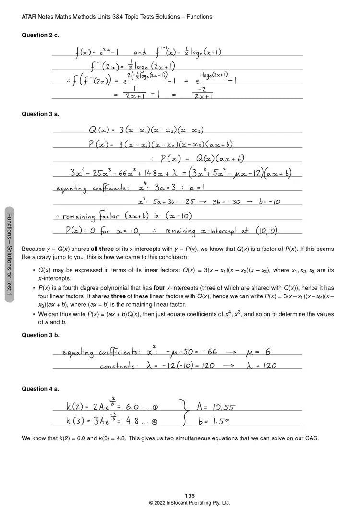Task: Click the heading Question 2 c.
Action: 40,35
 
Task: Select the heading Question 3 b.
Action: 40,335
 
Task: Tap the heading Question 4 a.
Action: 40,389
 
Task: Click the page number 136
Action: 190,496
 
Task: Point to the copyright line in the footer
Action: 190,503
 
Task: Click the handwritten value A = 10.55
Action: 216,408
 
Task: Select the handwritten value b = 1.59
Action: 214,422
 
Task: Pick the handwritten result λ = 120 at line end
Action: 262,366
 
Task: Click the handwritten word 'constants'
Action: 119,366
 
